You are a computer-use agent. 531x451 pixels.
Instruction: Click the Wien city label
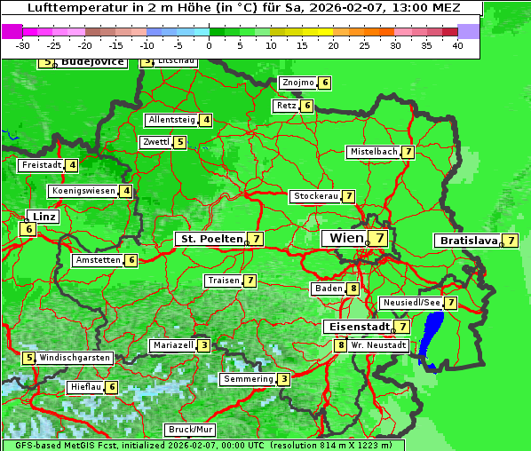click(x=346, y=238)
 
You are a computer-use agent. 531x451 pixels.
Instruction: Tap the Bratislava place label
click(x=466, y=241)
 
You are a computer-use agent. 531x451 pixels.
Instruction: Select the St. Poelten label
click(x=210, y=239)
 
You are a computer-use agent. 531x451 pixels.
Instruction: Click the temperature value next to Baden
click(x=353, y=289)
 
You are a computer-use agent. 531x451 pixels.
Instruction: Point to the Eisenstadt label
click(x=355, y=327)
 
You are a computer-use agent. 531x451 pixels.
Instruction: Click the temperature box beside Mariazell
click(x=204, y=345)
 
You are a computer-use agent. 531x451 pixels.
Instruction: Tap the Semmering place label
click(x=248, y=379)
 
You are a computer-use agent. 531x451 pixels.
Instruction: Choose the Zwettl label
click(x=155, y=142)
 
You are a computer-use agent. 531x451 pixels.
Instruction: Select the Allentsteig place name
click(x=171, y=120)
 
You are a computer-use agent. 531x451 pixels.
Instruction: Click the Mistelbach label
click(x=373, y=152)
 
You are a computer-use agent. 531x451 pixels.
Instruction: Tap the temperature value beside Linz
click(x=28, y=229)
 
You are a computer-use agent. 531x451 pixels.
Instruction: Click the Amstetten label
click(x=98, y=260)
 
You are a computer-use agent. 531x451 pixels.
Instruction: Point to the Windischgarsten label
click(x=75, y=357)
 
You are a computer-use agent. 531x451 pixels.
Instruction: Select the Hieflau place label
click(x=86, y=387)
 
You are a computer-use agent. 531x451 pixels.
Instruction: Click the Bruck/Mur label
click(x=190, y=430)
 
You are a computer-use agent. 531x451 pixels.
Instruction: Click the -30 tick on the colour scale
click(x=23, y=44)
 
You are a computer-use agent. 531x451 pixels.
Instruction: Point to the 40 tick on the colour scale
click(x=457, y=44)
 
